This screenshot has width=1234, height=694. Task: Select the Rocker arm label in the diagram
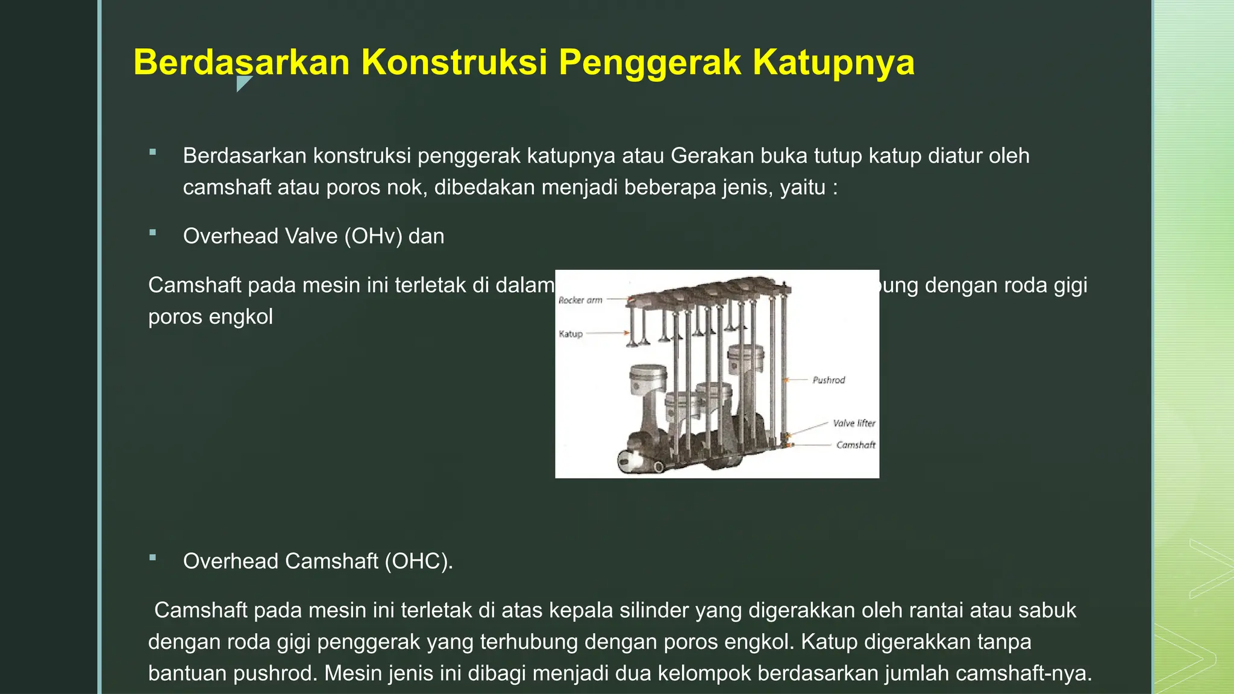pyautogui.click(x=580, y=300)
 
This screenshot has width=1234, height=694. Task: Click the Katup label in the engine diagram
pyautogui.click(x=571, y=334)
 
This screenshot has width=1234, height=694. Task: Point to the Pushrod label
pyautogui.click(x=828, y=380)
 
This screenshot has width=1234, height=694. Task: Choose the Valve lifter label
pyautogui.click(x=854, y=424)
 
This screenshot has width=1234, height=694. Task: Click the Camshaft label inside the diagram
pyautogui.click(x=856, y=445)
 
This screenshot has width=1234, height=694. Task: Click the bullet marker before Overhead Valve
pyautogui.click(x=153, y=233)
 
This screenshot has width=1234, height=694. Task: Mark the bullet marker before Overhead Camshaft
pyautogui.click(x=153, y=558)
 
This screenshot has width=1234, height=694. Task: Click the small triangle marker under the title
pyautogui.click(x=243, y=83)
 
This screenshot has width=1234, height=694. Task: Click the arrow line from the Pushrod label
pyautogui.click(x=798, y=380)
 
